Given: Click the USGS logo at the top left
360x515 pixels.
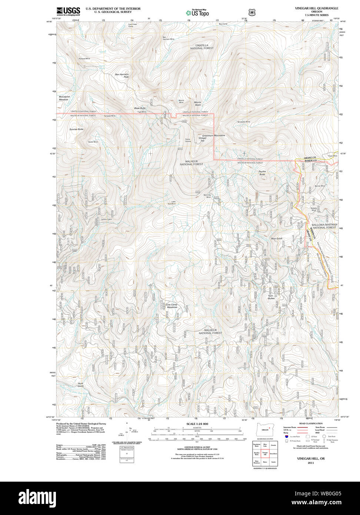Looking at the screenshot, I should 68,11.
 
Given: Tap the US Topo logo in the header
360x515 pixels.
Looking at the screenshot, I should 197,13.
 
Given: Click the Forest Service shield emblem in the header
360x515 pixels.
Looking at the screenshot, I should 252,12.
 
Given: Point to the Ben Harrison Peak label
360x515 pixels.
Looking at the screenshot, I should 121,75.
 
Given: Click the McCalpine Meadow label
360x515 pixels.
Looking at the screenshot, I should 64,98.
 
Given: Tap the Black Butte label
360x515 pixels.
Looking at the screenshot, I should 140,108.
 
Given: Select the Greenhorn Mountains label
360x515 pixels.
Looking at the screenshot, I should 213,136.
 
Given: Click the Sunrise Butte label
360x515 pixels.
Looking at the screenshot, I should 76,129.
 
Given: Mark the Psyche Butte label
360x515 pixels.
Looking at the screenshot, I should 262,173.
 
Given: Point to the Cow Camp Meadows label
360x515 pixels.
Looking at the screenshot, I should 171,306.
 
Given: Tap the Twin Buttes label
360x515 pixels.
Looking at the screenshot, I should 271,297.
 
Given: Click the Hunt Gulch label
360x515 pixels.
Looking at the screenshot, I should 81,385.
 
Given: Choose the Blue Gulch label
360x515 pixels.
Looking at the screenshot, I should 276,239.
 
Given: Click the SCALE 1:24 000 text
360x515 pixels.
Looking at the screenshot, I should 197,424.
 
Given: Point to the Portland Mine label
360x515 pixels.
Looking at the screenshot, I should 84,59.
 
